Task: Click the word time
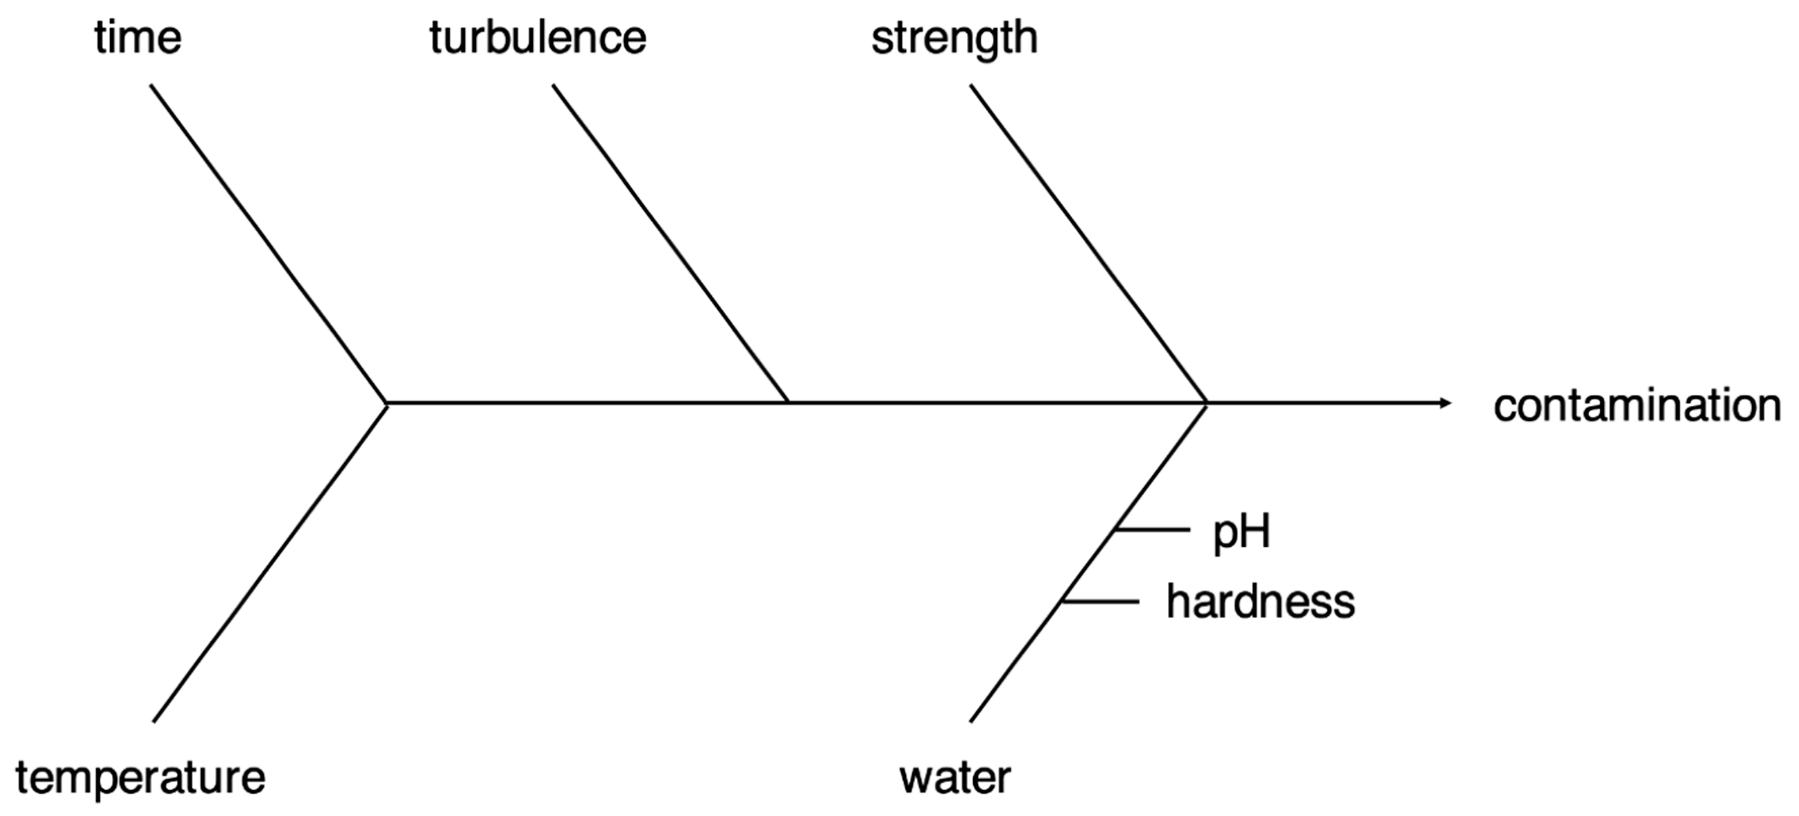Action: (138, 38)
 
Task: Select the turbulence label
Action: (538, 38)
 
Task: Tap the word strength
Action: (954, 39)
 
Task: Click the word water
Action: (955, 778)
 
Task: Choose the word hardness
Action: (1261, 602)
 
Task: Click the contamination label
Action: (1637, 406)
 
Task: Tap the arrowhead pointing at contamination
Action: (1446, 403)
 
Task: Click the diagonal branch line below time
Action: (269, 244)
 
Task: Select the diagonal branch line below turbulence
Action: (671, 244)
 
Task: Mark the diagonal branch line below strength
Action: (1088, 244)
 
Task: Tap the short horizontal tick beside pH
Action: (1152, 530)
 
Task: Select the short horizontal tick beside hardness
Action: (1101, 601)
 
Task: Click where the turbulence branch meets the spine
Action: (788, 402)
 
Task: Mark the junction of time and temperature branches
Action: (386, 403)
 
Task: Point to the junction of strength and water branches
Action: (1206, 403)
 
